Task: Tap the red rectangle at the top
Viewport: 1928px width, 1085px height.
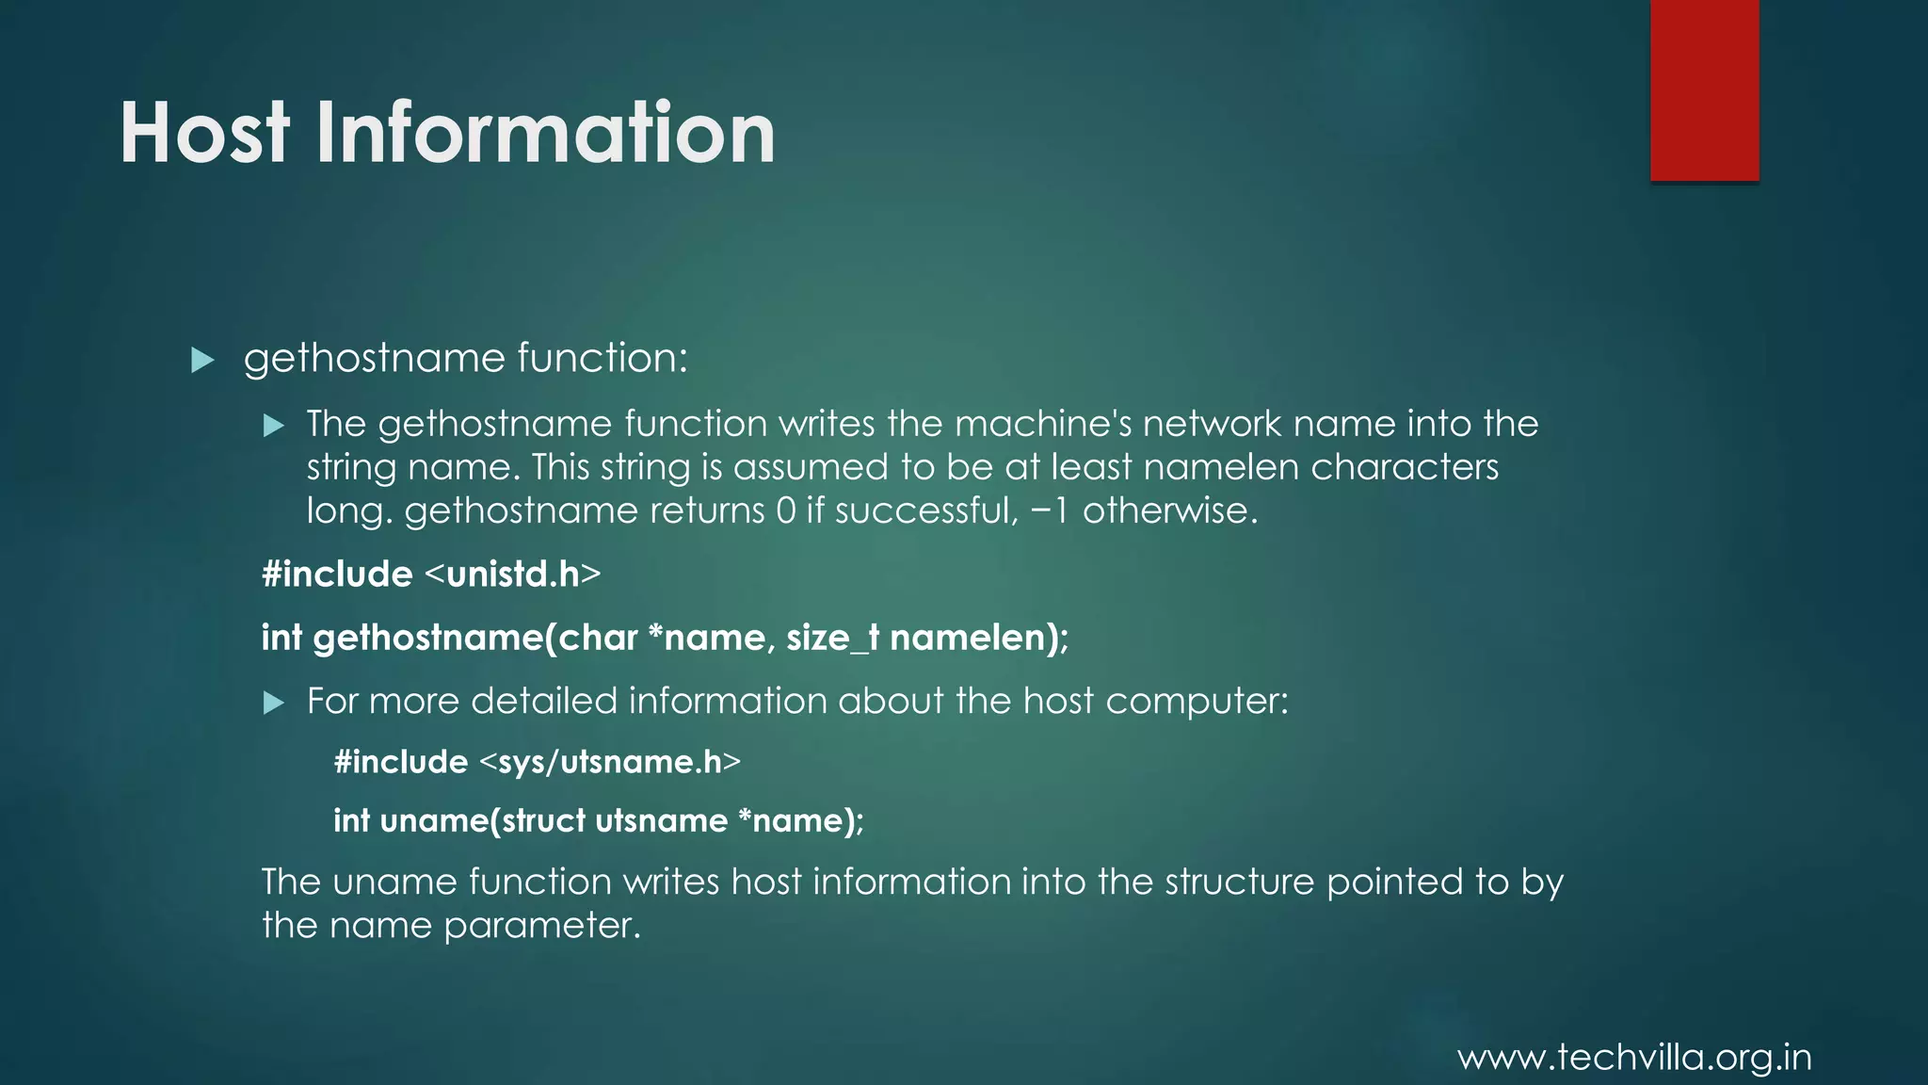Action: click(x=1704, y=89)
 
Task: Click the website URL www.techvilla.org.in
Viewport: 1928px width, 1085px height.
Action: click(x=1634, y=1058)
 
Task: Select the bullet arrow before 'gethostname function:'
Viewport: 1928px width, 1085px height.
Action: click(x=202, y=360)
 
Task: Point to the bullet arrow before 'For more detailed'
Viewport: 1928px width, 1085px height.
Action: click(x=273, y=703)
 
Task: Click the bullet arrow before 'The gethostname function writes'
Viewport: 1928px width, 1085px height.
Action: click(x=273, y=426)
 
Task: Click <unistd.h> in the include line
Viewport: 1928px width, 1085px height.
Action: click(x=513, y=575)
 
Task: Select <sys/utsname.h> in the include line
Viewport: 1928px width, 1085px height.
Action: click(x=610, y=762)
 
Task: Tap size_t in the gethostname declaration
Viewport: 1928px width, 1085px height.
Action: click(x=832, y=639)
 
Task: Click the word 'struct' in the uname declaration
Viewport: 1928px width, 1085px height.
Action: click(x=543, y=821)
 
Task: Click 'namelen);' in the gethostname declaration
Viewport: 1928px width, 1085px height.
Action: click(x=979, y=639)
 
